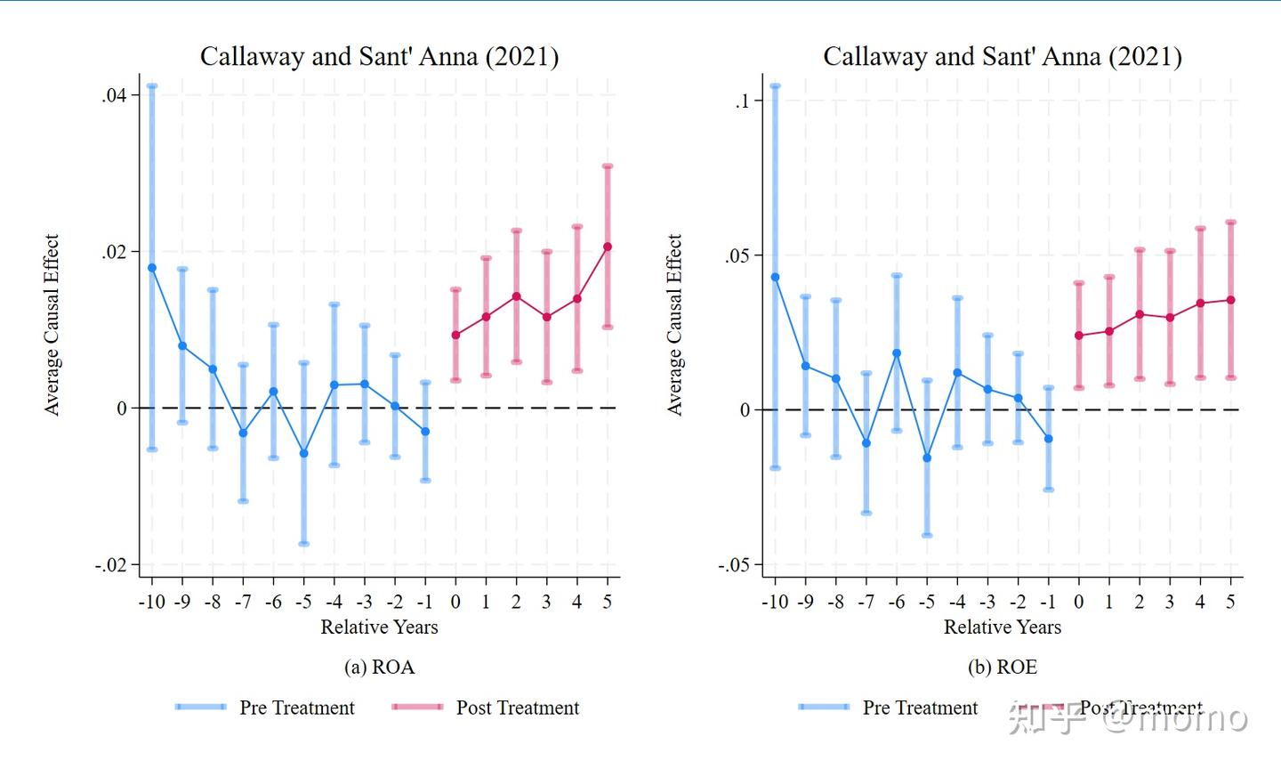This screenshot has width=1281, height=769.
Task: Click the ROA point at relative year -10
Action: coord(152,268)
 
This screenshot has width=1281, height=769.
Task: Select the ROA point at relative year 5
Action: coord(608,247)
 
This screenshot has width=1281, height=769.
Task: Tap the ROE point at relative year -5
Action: coord(927,458)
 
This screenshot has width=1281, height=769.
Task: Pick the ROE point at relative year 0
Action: coord(1079,336)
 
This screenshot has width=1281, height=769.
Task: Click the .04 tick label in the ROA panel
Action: coord(115,95)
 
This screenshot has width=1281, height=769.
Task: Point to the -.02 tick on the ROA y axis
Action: coord(112,565)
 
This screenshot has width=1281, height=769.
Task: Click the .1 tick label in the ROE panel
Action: coord(742,101)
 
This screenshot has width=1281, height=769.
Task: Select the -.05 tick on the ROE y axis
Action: coord(734,565)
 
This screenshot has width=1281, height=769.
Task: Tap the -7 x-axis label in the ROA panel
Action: coord(243,603)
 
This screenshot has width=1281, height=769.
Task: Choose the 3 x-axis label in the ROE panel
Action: coord(1170,603)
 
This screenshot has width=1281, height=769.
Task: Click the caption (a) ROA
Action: coord(379,668)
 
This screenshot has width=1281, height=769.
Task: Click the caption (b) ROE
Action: coord(1003,668)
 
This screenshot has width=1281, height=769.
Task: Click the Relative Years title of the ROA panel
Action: coord(379,627)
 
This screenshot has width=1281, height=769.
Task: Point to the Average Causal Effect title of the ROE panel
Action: coord(675,325)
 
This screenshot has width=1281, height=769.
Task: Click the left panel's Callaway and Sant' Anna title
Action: coord(379,57)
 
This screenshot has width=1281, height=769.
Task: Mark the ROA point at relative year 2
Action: coord(516,296)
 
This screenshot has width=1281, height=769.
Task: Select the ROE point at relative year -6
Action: coord(897,353)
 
